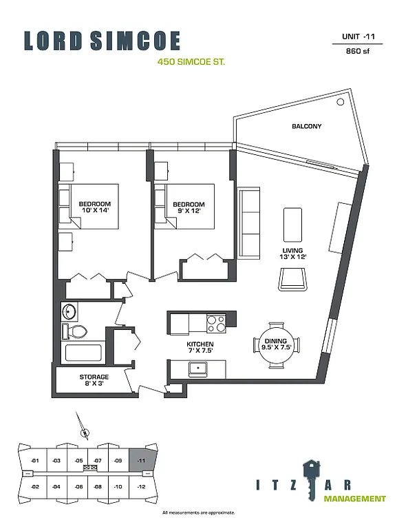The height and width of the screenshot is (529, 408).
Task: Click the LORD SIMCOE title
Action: click(x=102, y=41)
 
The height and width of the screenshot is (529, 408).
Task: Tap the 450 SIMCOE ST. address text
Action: click(x=191, y=62)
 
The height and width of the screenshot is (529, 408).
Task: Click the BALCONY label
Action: click(x=306, y=127)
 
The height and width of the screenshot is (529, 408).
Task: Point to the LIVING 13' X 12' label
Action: click(x=293, y=253)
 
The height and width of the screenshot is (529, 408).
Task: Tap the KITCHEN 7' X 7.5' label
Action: click(x=200, y=346)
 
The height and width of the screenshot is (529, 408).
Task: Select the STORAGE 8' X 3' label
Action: click(x=94, y=380)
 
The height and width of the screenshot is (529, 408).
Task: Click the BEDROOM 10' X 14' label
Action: click(x=94, y=208)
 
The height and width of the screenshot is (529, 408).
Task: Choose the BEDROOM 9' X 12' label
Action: click(x=189, y=208)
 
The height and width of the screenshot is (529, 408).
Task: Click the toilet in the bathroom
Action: click(x=76, y=331)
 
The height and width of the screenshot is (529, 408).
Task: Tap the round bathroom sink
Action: click(x=69, y=311)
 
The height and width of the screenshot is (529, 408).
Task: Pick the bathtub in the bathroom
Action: click(x=83, y=353)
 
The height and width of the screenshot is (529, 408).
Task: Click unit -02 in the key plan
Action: click(x=35, y=487)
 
